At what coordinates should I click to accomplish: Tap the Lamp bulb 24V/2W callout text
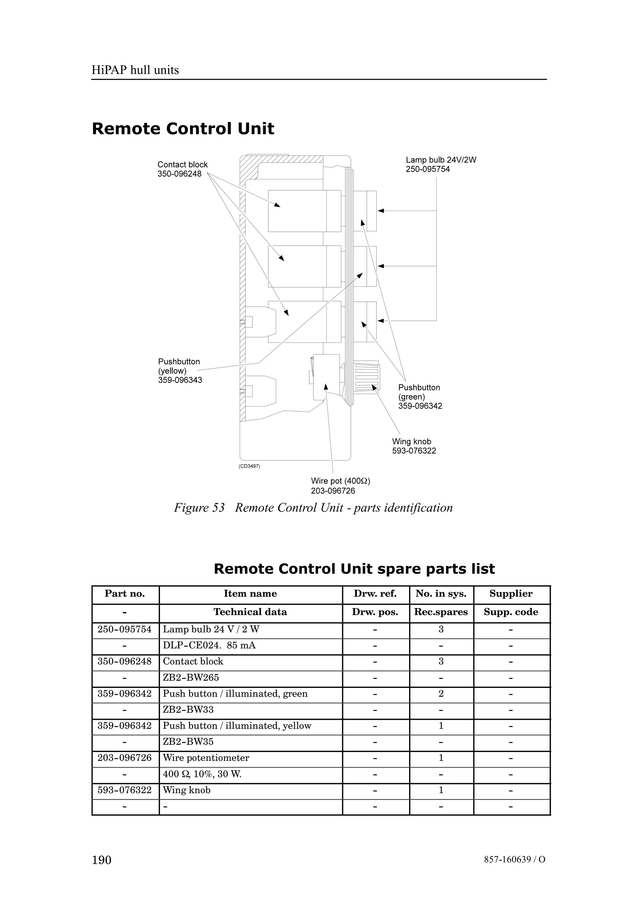click(x=441, y=160)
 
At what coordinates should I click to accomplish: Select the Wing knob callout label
click(x=411, y=442)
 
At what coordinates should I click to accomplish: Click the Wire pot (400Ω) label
click(x=341, y=481)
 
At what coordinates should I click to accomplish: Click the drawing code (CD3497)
click(x=249, y=466)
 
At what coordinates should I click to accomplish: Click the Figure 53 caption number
click(x=199, y=508)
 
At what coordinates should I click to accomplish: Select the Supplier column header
click(x=511, y=594)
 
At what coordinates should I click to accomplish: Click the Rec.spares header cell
click(x=441, y=612)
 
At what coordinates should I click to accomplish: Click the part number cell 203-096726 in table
click(x=124, y=758)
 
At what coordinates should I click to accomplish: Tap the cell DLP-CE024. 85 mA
click(x=209, y=645)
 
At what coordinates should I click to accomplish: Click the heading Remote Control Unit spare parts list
click(x=354, y=569)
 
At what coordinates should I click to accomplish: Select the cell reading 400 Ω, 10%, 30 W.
click(x=202, y=774)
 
